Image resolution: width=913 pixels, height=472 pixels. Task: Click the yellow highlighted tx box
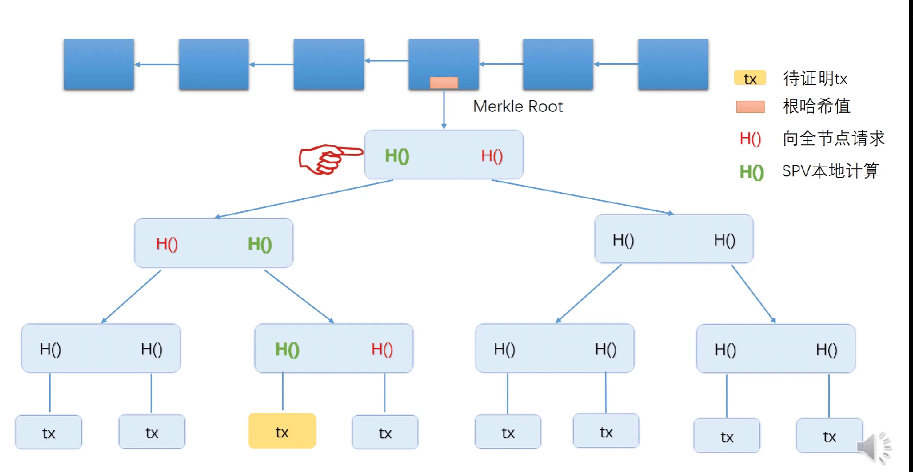point(282,431)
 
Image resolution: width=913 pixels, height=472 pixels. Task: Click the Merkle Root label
point(518,106)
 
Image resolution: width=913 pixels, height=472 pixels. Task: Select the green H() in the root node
point(397,156)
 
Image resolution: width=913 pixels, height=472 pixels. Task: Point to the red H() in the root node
point(492,156)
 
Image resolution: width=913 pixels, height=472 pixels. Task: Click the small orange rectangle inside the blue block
point(444,83)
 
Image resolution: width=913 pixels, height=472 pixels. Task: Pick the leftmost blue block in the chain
point(99,64)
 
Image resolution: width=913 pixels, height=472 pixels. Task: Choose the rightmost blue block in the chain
point(673,64)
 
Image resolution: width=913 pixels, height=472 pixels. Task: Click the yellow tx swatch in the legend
point(750,78)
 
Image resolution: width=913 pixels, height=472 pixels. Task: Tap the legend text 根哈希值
point(817,106)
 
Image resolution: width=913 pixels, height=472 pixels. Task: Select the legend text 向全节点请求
point(834,138)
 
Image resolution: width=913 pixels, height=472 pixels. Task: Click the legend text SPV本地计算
point(830,171)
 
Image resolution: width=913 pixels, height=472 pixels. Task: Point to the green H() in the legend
point(751,172)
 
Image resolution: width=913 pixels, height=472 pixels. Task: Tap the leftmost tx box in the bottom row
point(48,433)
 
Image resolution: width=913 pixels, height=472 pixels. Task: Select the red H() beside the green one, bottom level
point(382,349)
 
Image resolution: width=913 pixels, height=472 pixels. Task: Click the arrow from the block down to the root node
point(444,109)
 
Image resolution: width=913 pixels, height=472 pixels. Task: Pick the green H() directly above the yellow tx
point(287,349)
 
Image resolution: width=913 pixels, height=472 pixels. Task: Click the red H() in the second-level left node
point(166,244)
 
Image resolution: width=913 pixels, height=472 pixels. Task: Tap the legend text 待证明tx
point(815,78)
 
